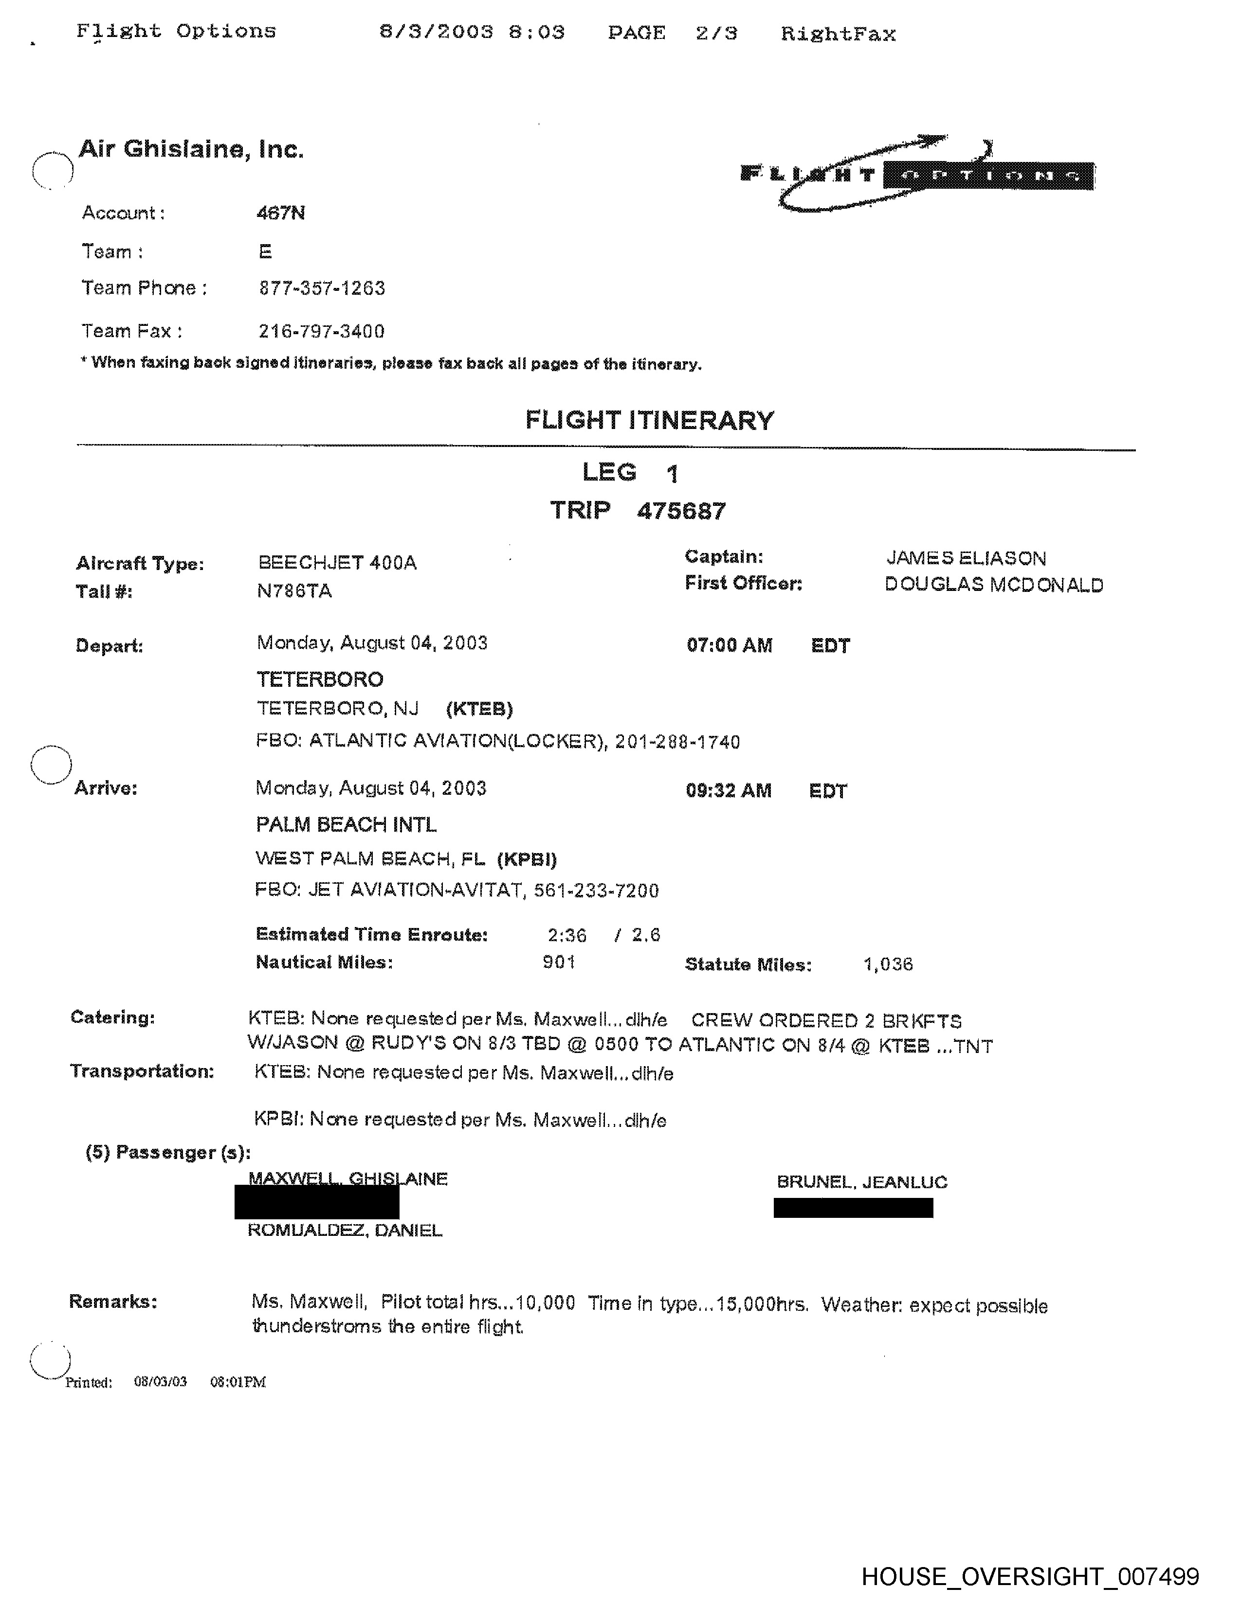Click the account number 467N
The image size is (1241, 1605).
[280, 213]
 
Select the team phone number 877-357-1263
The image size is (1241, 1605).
[321, 288]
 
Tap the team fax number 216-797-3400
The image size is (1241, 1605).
[321, 331]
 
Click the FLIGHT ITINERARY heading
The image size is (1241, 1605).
[649, 420]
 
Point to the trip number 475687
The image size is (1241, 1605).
[681, 511]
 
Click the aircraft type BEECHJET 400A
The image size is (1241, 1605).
[337, 563]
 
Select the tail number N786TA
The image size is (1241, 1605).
[294, 591]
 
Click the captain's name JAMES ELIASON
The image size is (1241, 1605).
[966, 558]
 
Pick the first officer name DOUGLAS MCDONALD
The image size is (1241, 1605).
[993, 585]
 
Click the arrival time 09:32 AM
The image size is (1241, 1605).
[729, 791]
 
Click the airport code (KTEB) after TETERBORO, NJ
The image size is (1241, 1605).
[479, 709]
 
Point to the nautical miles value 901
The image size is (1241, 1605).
[559, 962]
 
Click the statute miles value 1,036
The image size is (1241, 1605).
[887, 964]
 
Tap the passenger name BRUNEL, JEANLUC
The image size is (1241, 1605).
[861, 1182]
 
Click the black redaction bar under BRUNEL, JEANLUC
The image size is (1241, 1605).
[853, 1208]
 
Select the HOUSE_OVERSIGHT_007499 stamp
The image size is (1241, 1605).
[1029, 1576]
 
